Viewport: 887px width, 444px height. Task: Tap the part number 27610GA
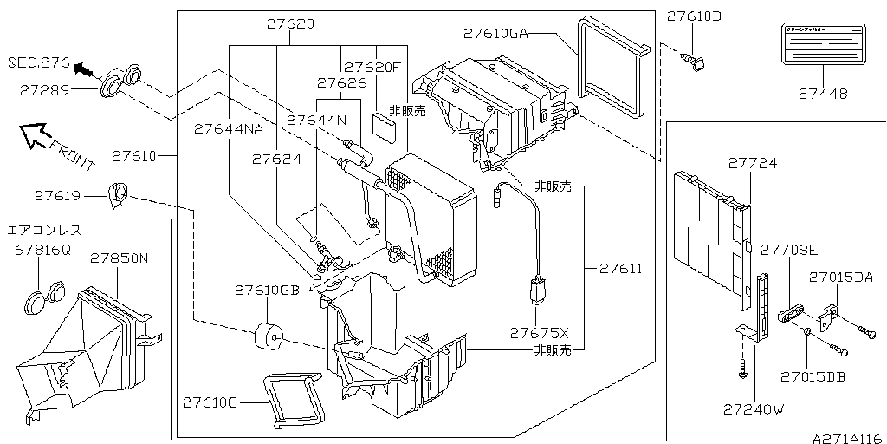pos(495,34)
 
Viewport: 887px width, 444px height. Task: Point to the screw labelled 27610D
pos(692,60)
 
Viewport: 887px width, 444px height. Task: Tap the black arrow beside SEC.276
pos(81,69)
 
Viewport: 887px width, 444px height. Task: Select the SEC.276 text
pos(37,62)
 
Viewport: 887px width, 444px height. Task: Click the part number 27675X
pos(539,333)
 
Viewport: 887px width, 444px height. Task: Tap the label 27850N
pos(120,258)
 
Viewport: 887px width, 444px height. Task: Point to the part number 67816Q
pos(42,250)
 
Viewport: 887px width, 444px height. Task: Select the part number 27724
pos(752,163)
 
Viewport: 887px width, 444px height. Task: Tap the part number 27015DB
pos(812,376)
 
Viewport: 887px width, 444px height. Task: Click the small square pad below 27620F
pos(387,123)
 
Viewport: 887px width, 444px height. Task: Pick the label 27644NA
pos(228,128)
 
